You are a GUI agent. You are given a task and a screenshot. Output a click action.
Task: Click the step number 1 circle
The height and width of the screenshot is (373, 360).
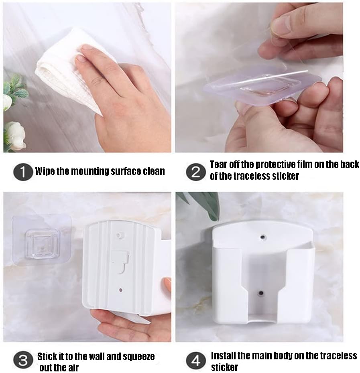click(x=23, y=172)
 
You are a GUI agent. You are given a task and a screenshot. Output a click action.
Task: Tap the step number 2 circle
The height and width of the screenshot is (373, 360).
click(x=195, y=172)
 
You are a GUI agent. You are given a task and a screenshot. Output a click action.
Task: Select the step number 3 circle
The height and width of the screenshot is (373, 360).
click(x=23, y=361)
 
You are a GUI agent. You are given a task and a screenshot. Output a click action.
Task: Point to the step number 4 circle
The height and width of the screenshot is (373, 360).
click(x=196, y=361)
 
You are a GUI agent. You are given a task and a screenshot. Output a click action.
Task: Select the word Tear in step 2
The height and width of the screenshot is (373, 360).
click(x=218, y=164)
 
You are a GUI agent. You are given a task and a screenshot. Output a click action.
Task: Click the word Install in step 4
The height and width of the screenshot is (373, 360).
click(x=223, y=356)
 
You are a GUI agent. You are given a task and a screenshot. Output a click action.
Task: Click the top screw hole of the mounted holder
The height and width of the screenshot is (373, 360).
click(x=262, y=237)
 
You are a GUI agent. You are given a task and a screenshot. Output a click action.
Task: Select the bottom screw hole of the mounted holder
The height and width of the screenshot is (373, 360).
click(x=261, y=293)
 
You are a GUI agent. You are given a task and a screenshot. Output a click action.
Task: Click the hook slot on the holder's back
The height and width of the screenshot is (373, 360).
click(x=121, y=261)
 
